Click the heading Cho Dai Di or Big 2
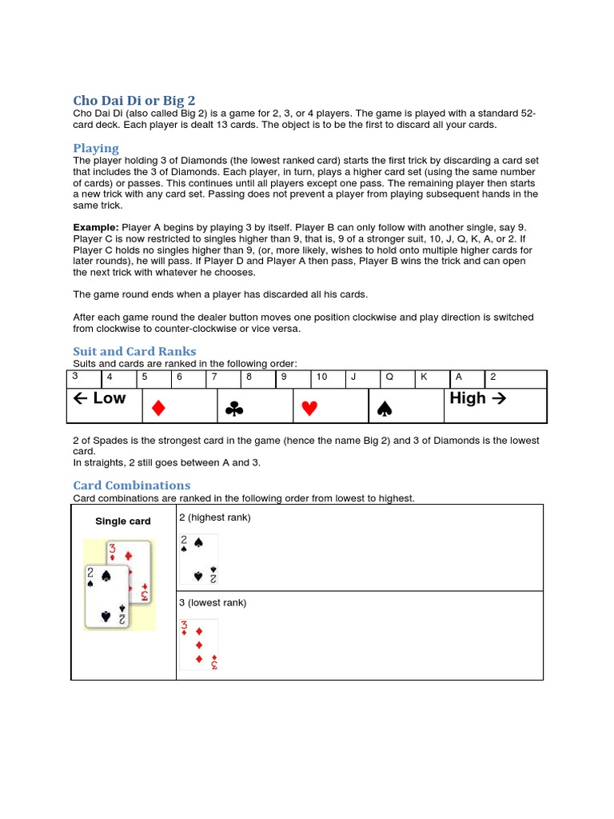coord(134,101)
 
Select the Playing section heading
coord(96,148)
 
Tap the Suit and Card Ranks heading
coord(134,351)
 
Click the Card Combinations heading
coord(131,485)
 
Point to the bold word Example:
coord(95,228)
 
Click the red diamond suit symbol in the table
coord(157,409)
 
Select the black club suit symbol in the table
coord(233,409)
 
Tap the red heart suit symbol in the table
coord(309,409)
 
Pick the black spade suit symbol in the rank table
coord(385,409)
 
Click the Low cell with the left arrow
coord(103,398)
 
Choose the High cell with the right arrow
coord(476,398)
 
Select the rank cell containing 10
coord(328,378)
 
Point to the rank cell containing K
coord(433,378)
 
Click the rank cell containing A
coord(468,378)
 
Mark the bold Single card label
coord(123,521)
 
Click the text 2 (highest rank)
coord(215,517)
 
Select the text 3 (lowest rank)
coord(213,603)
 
